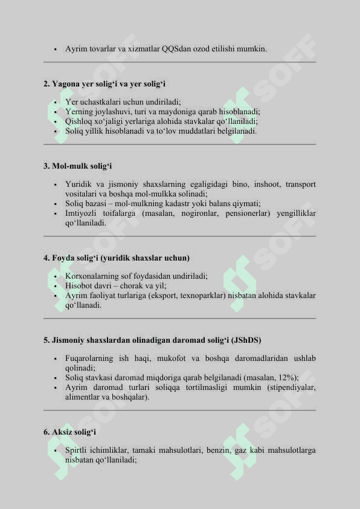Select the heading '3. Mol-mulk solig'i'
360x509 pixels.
point(78,166)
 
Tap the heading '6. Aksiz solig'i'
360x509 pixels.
point(70,432)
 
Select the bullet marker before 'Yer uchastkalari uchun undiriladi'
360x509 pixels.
point(54,102)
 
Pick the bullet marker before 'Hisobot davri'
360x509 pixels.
point(54,286)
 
